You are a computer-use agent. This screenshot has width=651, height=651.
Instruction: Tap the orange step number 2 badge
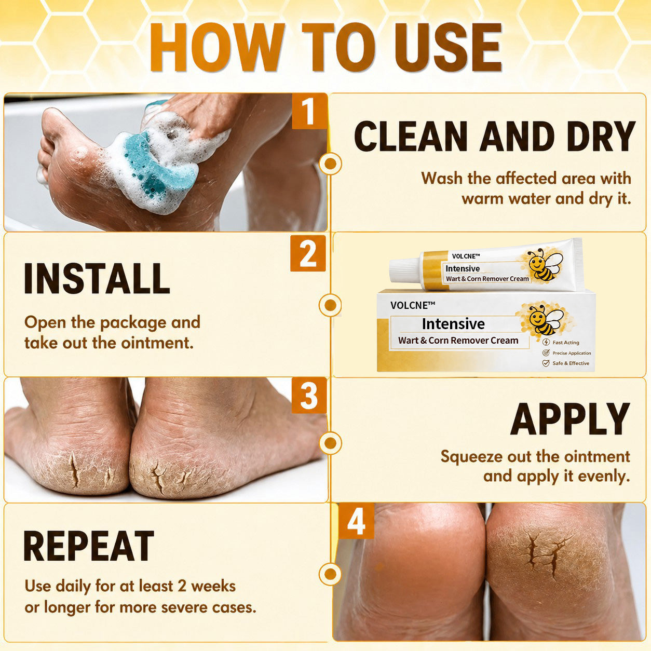[308, 253]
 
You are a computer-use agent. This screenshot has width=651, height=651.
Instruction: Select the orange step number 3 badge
[309, 396]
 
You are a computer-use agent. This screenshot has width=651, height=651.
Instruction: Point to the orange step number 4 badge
[356, 521]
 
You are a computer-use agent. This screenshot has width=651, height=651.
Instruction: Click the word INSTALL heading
[97, 279]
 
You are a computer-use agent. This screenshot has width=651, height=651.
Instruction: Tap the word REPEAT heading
[88, 546]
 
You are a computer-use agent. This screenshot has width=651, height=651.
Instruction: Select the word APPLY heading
[570, 419]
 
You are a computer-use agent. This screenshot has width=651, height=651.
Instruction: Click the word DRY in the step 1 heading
[601, 136]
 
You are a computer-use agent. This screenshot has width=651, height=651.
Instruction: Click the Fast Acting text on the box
[566, 342]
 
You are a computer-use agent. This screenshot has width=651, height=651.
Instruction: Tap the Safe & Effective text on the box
[571, 363]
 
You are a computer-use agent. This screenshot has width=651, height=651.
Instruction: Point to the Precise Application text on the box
[572, 353]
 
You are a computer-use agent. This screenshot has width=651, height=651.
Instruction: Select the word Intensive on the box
[453, 323]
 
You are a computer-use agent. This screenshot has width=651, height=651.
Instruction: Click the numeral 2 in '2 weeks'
[182, 586]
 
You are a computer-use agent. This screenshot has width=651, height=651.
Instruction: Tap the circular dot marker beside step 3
[330, 442]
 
